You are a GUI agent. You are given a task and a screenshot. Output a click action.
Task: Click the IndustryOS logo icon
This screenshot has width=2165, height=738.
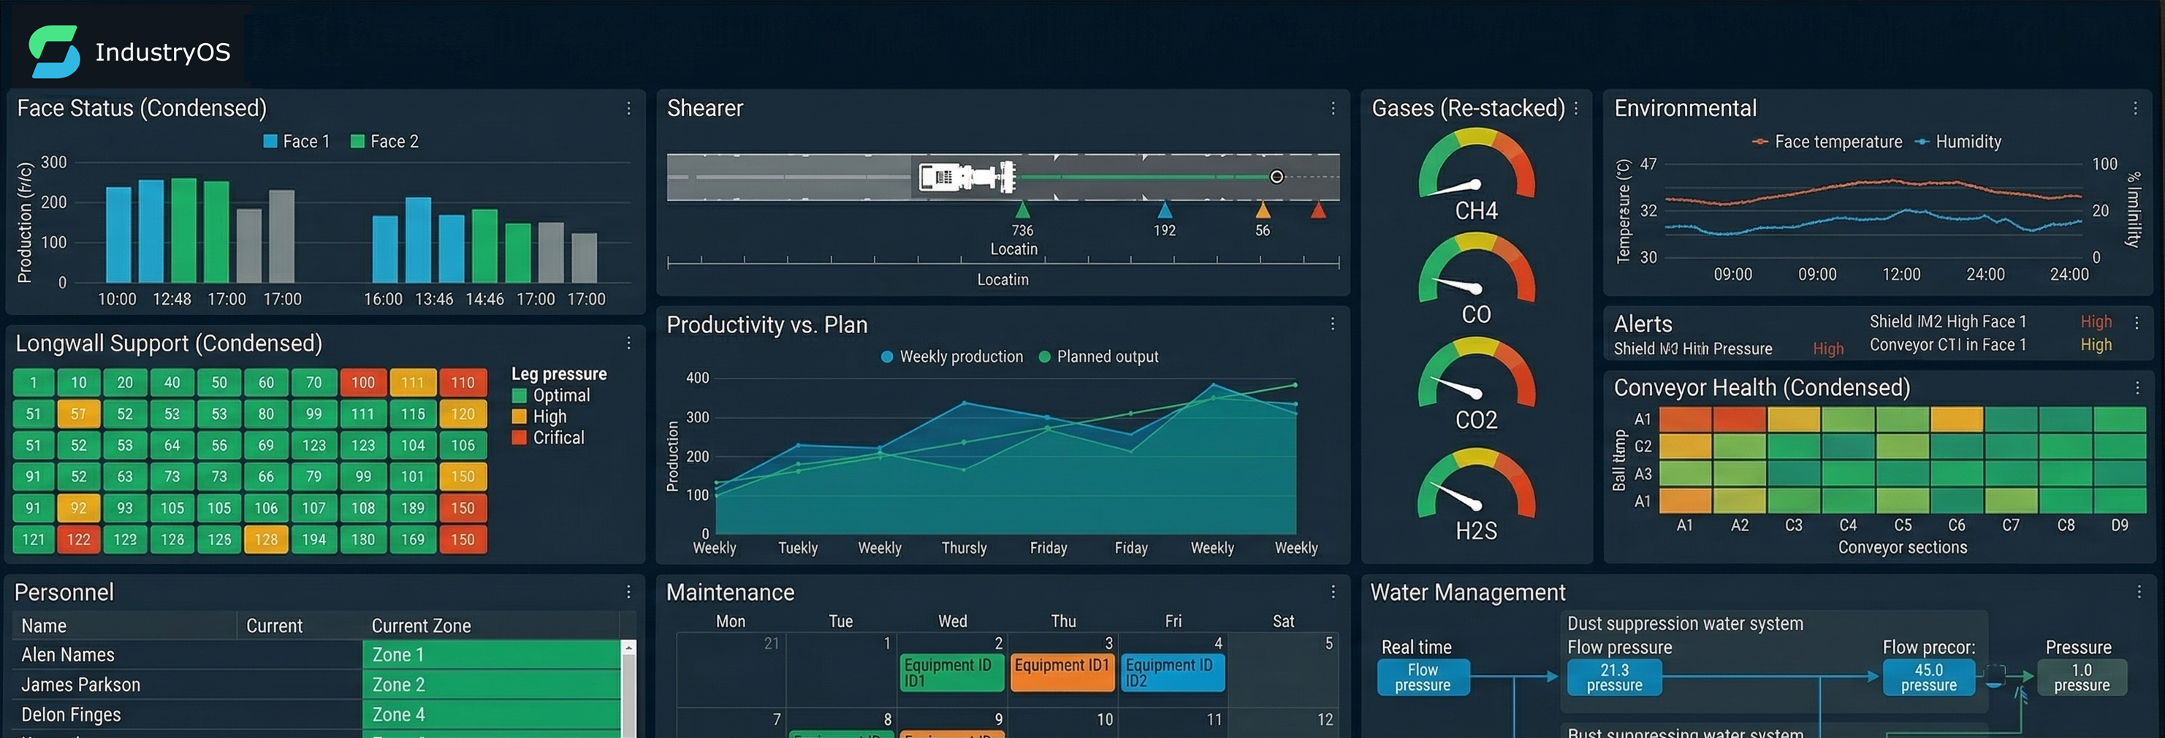click(54, 51)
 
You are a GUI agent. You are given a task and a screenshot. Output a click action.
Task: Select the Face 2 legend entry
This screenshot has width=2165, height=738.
click(384, 141)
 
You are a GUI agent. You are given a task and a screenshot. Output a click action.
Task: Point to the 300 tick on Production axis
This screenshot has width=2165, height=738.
click(54, 162)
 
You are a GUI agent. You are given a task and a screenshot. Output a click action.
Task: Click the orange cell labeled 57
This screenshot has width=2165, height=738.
click(78, 414)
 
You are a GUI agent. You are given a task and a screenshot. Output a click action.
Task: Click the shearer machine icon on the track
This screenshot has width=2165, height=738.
click(967, 178)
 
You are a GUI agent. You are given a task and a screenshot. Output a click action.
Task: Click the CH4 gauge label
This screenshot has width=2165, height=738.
click(1476, 211)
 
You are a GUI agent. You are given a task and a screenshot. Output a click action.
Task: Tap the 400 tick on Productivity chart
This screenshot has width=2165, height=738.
click(698, 378)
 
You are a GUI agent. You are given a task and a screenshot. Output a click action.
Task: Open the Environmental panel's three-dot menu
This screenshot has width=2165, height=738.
click(2135, 108)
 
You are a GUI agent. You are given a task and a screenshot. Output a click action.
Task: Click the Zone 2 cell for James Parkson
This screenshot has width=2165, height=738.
click(492, 684)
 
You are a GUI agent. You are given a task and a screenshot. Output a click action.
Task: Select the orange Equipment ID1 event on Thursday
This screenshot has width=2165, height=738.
click(1062, 672)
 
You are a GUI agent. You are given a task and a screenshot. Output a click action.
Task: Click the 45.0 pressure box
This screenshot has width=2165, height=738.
click(1928, 677)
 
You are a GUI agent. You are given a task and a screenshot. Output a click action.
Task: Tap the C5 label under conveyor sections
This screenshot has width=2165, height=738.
click(1902, 525)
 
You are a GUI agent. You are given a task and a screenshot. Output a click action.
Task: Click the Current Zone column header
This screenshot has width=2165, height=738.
click(420, 625)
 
